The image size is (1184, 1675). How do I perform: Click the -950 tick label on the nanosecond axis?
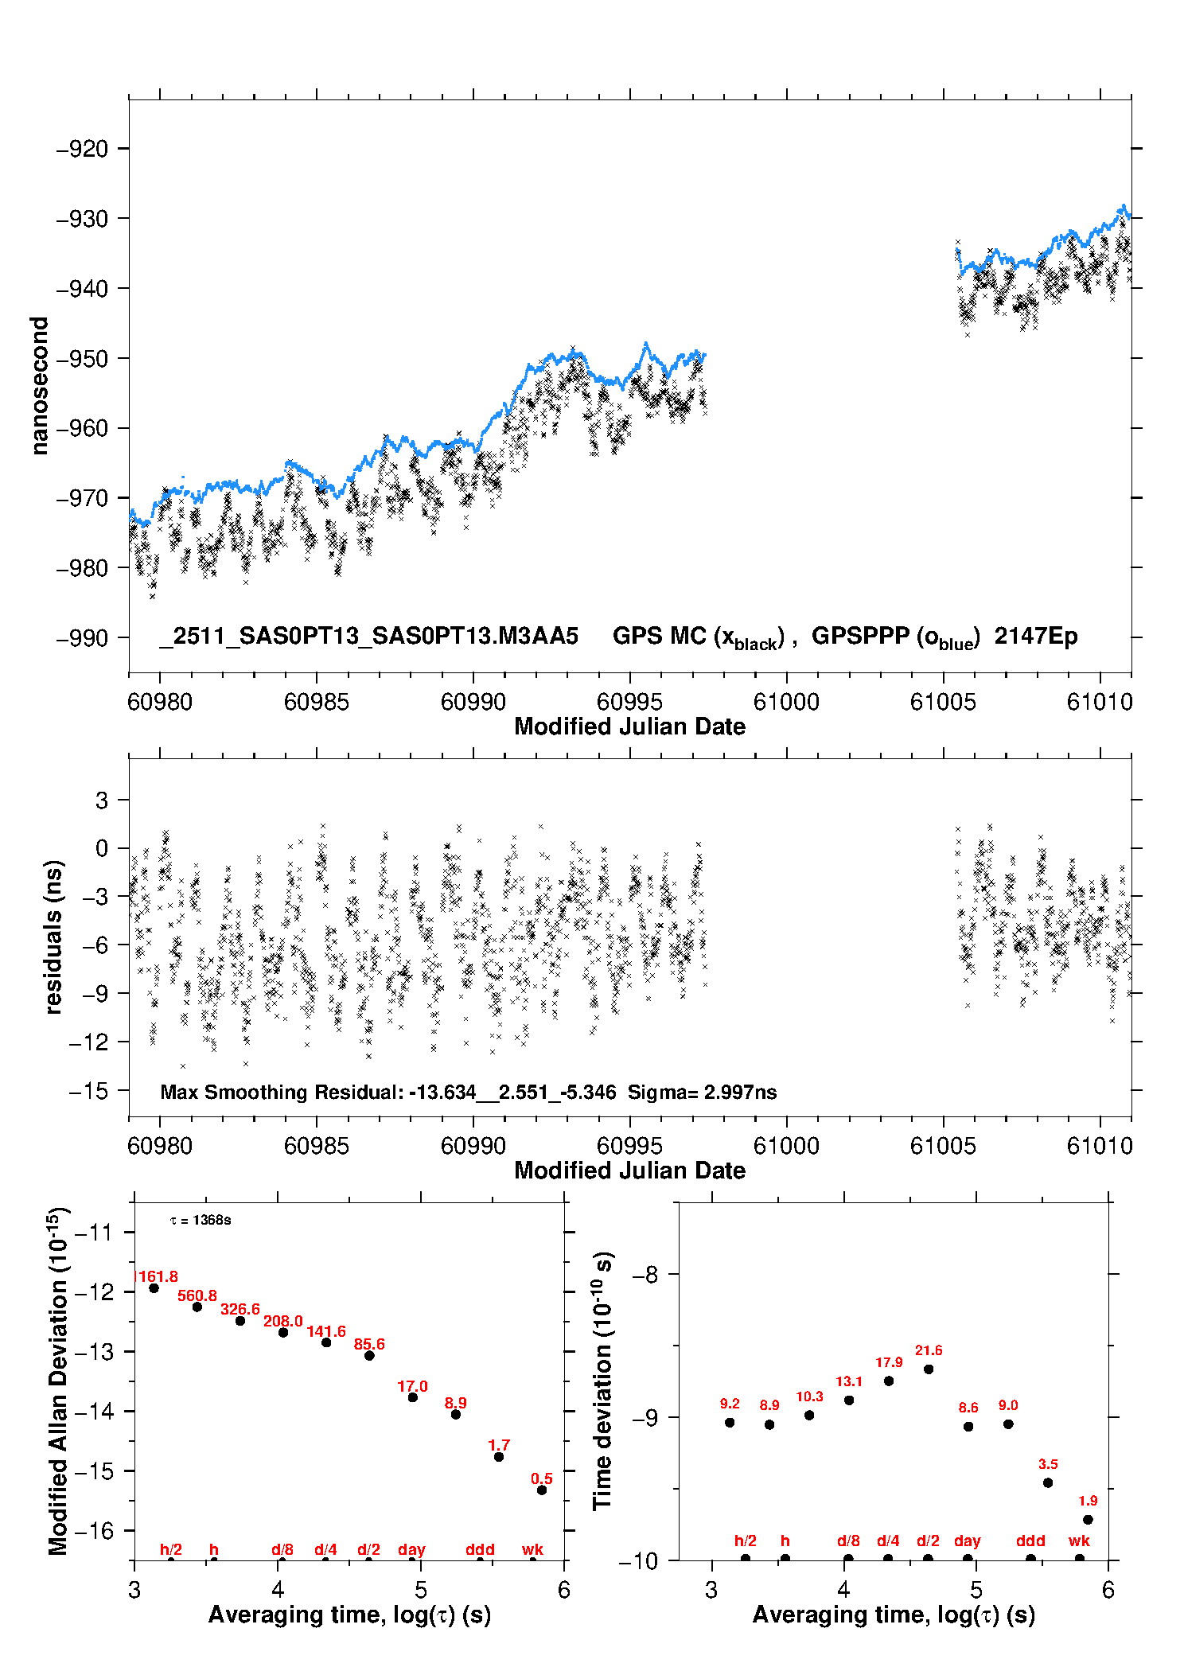coord(83,359)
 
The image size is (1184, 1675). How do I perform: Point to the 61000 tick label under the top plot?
coord(786,702)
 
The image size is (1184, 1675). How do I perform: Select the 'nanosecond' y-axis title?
coord(39,386)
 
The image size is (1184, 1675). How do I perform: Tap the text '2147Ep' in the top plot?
coord(1035,637)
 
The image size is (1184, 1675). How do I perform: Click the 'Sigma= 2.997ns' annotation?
coord(702,1092)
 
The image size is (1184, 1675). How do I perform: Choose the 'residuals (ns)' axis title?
coord(53,937)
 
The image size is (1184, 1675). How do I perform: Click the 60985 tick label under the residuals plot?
coord(316,1146)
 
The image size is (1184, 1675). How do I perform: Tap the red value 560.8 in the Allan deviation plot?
coord(197,1295)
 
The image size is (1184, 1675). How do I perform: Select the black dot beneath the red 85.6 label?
coord(369,1355)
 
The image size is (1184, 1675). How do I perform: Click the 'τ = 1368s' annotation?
coord(201,1221)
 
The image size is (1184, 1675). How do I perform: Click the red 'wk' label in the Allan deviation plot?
coord(532,1549)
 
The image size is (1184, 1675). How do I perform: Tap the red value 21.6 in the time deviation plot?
coord(929,1350)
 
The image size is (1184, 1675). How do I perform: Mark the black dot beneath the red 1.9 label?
coord(1088,1519)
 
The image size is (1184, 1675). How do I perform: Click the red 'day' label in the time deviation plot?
coord(968,1541)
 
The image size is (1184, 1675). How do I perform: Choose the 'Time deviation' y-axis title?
coord(603,1381)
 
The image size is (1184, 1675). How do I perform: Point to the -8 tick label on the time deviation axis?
coord(645,1275)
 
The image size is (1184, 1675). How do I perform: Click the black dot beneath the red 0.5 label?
coord(542,1490)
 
